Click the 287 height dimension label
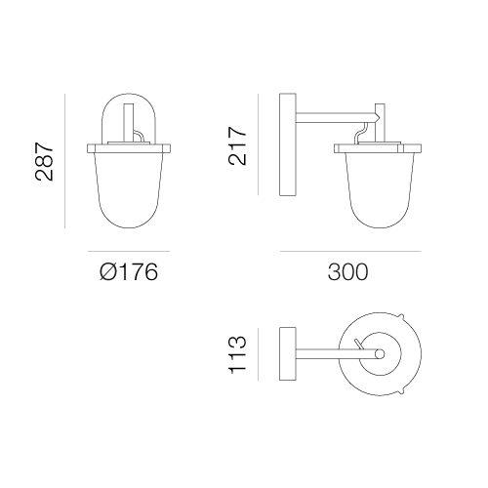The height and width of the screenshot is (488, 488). pyautogui.click(x=44, y=161)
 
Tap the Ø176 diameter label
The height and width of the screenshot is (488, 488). pyautogui.click(x=129, y=272)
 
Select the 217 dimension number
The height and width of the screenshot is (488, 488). pyautogui.click(x=237, y=146)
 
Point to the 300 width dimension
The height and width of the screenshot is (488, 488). pyautogui.click(x=347, y=272)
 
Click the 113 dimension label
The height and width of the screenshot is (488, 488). pyautogui.click(x=237, y=354)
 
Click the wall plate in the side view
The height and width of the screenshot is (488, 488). pyautogui.click(x=288, y=144)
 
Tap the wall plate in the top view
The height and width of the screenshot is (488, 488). pyautogui.click(x=288, y=353)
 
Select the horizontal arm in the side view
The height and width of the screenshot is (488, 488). pyautogui.click(x=338, y=118)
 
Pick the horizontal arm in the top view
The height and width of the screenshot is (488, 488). pyautogui.click(x=339, y=353)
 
